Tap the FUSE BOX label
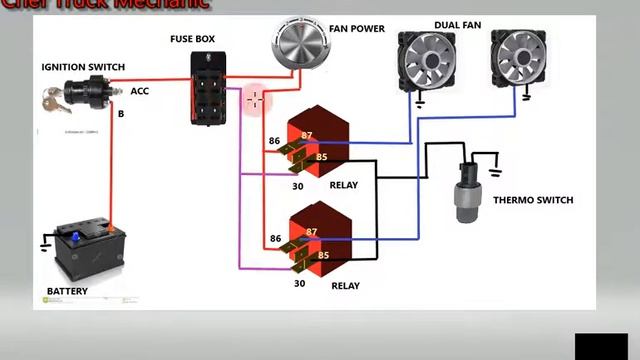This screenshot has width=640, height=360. (190, 39)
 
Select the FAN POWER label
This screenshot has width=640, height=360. (356, 29)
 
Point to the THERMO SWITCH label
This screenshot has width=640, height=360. (533, 200)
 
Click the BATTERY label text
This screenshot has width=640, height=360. (67, 292)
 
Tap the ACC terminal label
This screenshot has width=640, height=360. (140, 91)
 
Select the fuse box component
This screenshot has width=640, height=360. (208, 88)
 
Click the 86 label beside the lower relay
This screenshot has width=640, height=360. (274, 239)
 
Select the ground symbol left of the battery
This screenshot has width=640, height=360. (45, 243)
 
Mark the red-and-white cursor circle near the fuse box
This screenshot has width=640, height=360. (255, 99)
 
